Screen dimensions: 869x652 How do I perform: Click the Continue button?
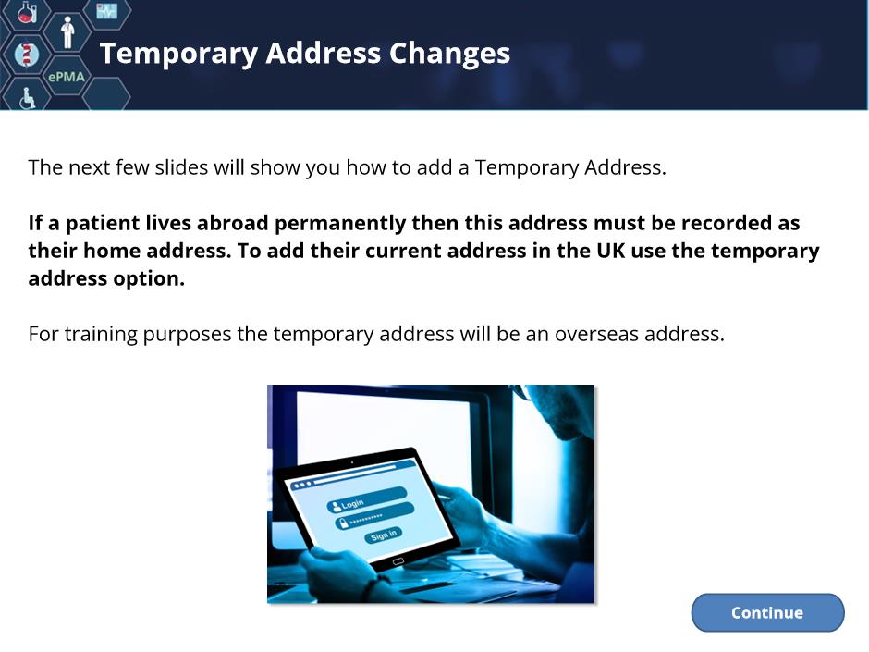tap(767, 612)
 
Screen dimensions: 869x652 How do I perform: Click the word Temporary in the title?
tap(179, 55)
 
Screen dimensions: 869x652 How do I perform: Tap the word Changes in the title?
tap(449, 54)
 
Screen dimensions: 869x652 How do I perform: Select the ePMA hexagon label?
tap(67, 77)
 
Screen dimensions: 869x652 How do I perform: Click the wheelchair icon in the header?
tap(27, 98)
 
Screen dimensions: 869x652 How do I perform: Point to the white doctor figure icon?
tap(67, 32)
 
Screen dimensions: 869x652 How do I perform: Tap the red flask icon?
tap(27, 12)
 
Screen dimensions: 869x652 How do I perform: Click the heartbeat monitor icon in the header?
tap(106, 10)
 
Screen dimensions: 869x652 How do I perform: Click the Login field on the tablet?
tap(367, 499)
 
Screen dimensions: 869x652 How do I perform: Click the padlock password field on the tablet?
tap(374, 516)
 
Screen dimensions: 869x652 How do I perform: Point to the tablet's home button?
tap(398, 562)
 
